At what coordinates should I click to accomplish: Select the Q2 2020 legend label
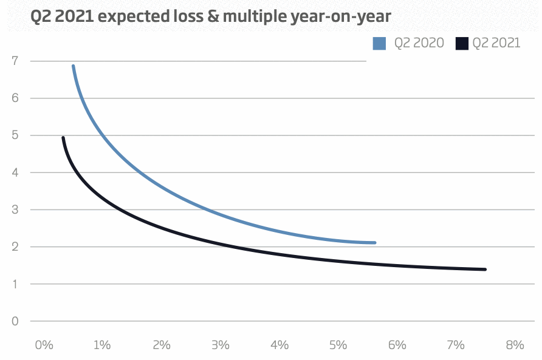click(419, 43)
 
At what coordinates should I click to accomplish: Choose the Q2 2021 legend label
click(496, 43)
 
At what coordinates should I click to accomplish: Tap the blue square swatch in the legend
click(380, 43)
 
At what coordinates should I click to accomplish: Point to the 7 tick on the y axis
click(15, 61)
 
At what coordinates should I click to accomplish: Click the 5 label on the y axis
click(15, 135)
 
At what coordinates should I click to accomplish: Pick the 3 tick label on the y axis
click(15, 210)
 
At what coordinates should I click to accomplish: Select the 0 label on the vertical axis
click(15, 321)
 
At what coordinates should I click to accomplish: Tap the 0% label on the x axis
click(44, 345)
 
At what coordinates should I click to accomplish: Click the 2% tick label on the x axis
click(161, 345)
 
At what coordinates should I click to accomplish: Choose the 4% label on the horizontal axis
click(279, 345)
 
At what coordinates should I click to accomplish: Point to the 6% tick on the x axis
click(397, 345)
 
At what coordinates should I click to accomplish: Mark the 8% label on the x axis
click(514, 345)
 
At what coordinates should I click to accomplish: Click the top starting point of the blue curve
click(73, 66)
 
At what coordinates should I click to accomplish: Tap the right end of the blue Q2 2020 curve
click(375, 243)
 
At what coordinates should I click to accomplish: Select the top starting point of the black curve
click(63, 138)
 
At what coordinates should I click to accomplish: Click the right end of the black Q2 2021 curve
click(485, 270)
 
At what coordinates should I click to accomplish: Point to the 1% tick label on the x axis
click(102, 345)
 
